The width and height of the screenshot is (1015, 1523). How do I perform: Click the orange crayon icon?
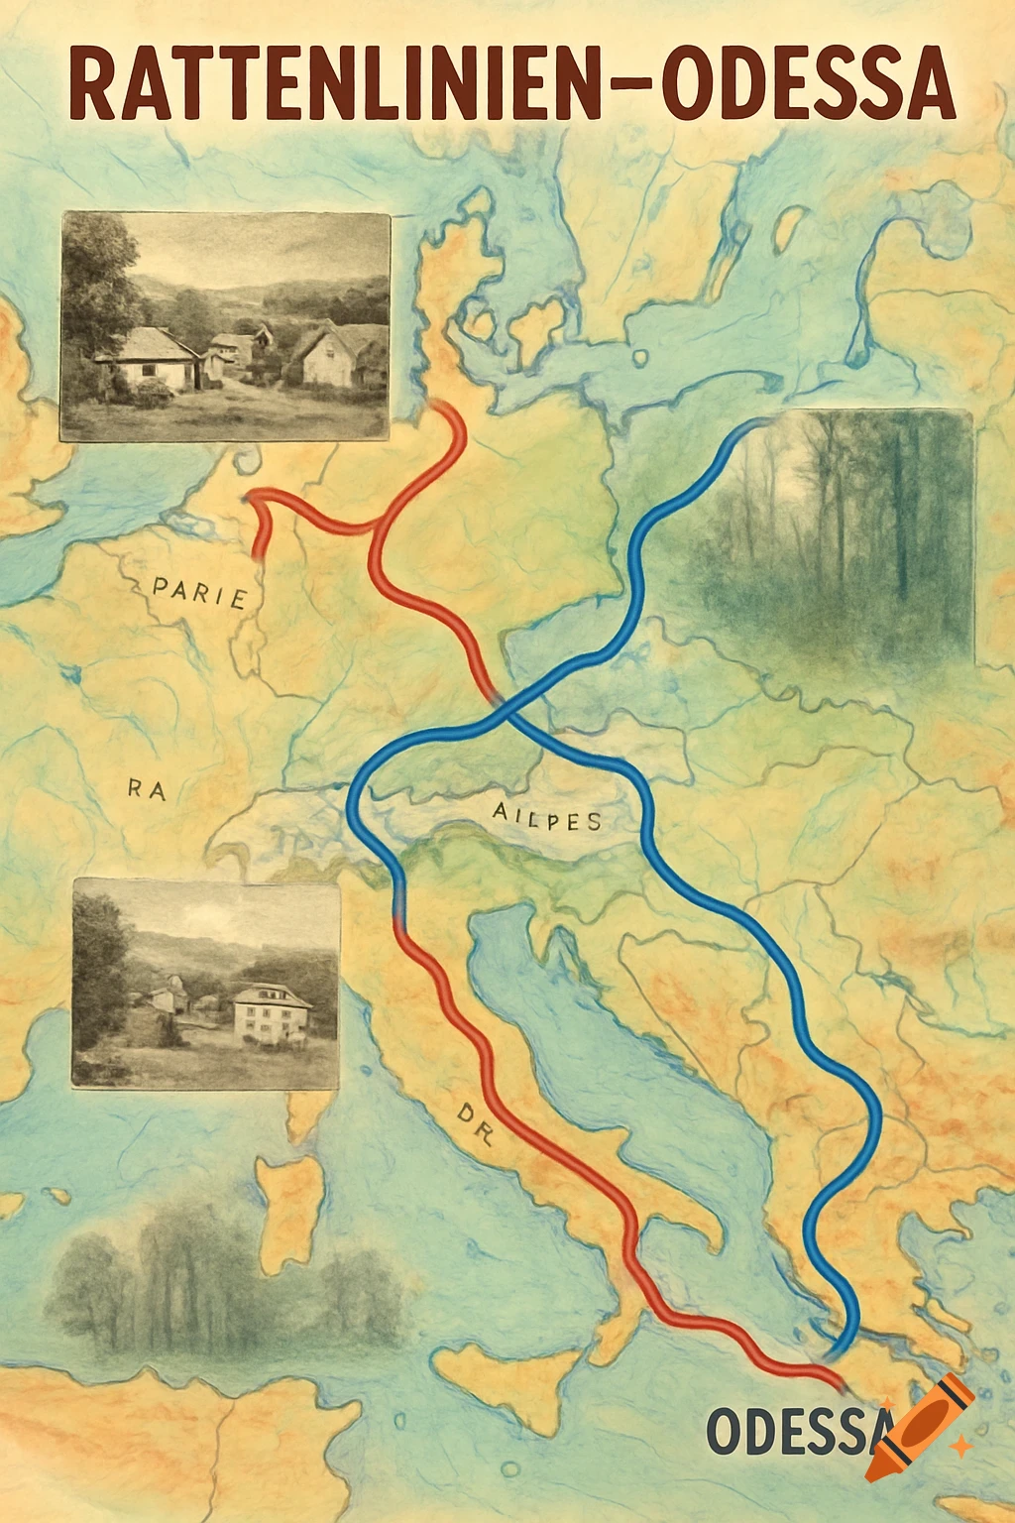pos(920,1424)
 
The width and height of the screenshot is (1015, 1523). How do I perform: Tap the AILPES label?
pos(546,818)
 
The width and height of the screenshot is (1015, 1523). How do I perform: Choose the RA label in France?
pos(147,789)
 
